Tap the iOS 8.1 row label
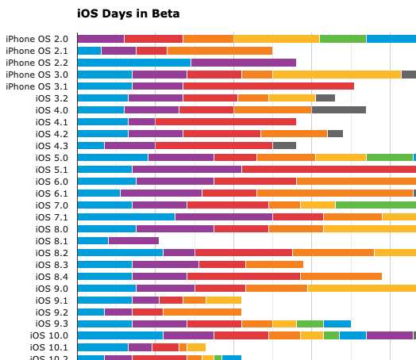[x=52, y=241]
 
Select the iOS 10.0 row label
[x=49, y=335]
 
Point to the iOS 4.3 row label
[x=52, y=146]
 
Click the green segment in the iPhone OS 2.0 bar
[x=342, y=39]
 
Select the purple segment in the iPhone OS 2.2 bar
[x=243, y=63]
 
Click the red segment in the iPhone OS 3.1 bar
[x=268, y=86]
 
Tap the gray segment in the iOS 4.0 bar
[x=338, y=110]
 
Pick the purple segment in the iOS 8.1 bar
[x=133, y=241]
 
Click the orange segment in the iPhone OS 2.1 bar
[x=219, y=51]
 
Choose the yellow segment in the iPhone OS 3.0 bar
[x=337, y=75]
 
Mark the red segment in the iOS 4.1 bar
[x=225, y=122]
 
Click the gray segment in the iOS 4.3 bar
[x=284, y=146]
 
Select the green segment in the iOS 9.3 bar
[x=310, y=324]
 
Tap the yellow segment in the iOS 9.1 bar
[x=223, y=300]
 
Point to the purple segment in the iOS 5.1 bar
[x=187, y=170]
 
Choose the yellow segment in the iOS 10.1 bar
[x=196, y=347]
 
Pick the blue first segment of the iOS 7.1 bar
[x=125, y=217]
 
